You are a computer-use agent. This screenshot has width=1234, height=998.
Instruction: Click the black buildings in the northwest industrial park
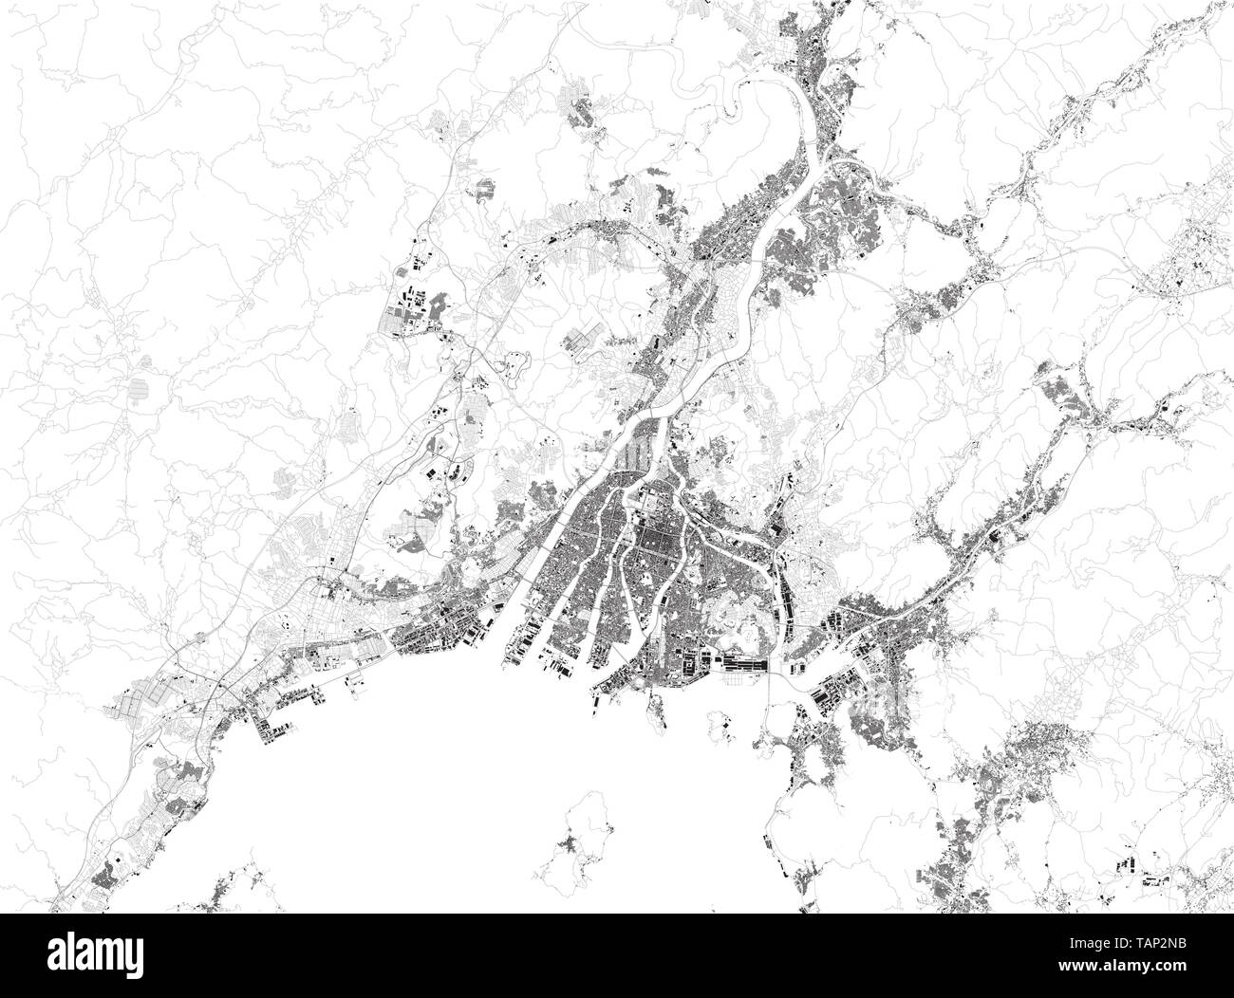[408, 308]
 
